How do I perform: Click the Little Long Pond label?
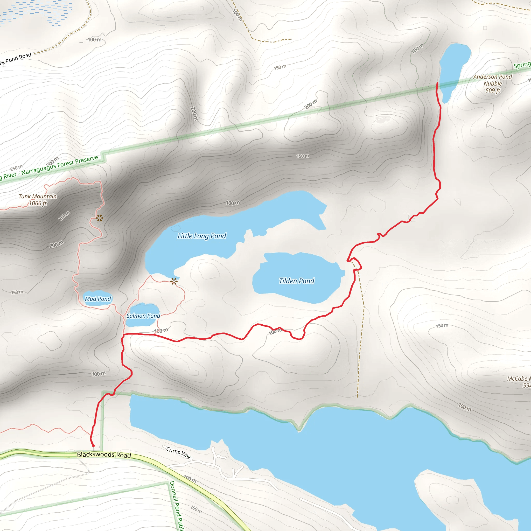point(202,236)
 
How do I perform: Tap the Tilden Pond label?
point(296,281)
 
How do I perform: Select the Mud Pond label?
point(98,299)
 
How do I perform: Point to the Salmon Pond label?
point(143,316)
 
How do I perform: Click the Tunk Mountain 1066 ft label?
point(38,200)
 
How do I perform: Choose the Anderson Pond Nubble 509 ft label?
point(493,83)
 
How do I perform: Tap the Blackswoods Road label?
point(104,455)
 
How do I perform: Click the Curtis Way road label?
point(178,452)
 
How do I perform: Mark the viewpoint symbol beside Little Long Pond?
point(174,281)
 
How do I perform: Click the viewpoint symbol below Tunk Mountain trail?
point(100,218)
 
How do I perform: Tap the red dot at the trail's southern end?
point(93,446)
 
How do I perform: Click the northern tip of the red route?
point(437,83)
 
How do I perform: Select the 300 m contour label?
point(52,161)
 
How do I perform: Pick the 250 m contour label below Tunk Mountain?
point(64,216)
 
